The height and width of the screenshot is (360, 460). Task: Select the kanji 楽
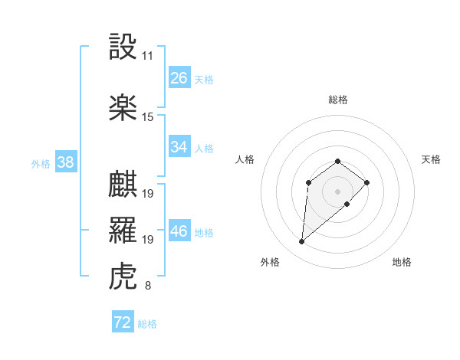click(123, 107)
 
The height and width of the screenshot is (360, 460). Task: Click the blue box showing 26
click(179, 77)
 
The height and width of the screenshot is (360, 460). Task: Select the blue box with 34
click(179, 147)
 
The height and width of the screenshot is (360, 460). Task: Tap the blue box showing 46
click(179, 232)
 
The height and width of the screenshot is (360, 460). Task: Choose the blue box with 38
click(65, 162)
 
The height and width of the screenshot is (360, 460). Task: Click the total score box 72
click(123, 322)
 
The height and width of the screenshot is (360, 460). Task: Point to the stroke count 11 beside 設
click(148, 56)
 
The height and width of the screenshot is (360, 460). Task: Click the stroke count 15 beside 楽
click(148, 117)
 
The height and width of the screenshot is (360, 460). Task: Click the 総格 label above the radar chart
click(338, 100)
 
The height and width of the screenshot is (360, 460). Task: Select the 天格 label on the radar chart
click(431, 159)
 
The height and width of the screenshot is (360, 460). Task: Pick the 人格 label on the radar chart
click(245, 159)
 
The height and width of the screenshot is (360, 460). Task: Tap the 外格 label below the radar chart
click(270, 262)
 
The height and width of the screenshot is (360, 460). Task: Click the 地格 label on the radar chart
click(402, 262)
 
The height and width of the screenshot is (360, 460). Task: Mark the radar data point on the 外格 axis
click(302, 242)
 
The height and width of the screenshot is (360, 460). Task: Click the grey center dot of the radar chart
click(338, 191)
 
